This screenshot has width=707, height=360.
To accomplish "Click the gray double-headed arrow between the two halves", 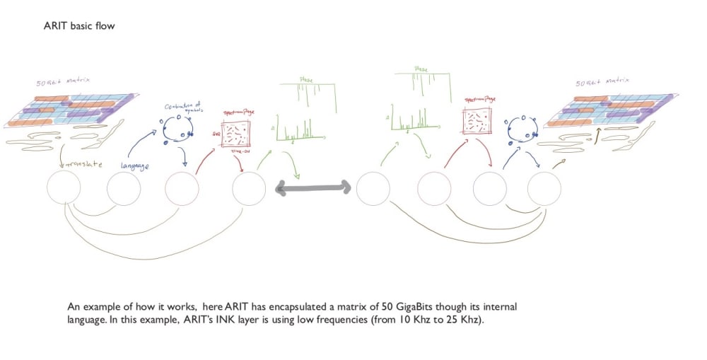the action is click(x=313, y=187).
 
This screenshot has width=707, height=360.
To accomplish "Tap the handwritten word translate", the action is click(x=86, y=165).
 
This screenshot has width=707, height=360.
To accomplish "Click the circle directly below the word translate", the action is click(x=64, y=189).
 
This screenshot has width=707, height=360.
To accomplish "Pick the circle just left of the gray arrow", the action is click(x=249, y=189).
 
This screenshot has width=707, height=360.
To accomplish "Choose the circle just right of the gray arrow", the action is click(x=373, y=189).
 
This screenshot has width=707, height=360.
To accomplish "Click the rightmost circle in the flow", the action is click(x=544, y=189).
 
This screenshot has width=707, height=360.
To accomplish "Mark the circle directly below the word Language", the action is click(x=123, y=189).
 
